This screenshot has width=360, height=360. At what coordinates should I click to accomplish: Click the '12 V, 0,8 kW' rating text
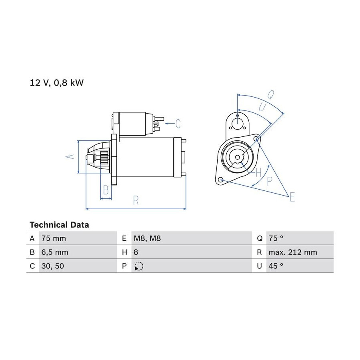tap(57, 83)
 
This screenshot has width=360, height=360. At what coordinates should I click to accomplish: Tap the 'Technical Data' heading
tap(59, 225)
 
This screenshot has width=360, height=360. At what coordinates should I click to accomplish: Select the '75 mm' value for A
tap(54, 238)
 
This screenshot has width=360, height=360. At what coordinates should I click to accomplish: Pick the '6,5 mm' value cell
tap(55, 252)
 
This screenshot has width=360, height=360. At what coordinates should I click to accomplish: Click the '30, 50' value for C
tap(53, 266)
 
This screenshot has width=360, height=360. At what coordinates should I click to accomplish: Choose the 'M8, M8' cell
tap(147, 238)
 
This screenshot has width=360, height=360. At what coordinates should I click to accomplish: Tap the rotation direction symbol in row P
tap(139, 266)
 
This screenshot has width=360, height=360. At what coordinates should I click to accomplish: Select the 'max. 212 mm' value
tap(293, 252)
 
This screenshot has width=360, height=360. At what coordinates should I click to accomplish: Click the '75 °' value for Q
tap(276, 238)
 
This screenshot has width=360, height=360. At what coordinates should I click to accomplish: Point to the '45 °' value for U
tap(276, 266)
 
